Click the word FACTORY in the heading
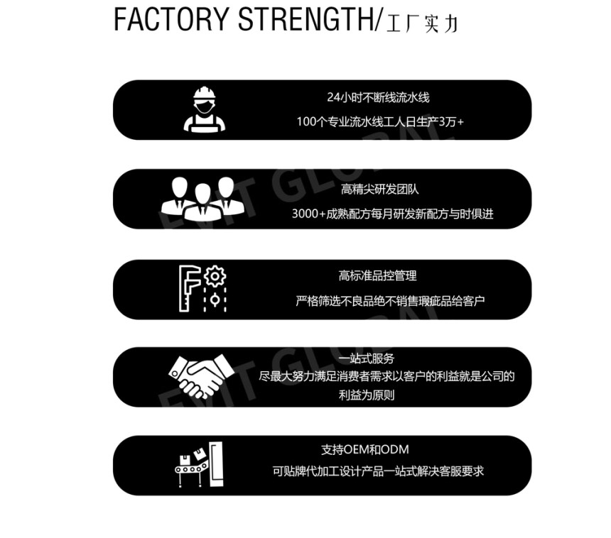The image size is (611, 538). point(173,20)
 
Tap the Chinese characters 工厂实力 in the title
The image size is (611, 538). point(422,23)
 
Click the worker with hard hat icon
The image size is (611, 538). point(205,109)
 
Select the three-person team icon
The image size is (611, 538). point(202,198)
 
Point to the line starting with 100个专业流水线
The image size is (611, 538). point(379,122)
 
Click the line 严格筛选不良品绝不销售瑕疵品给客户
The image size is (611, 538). point(390,302)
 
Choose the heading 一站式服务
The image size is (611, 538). point(366,358)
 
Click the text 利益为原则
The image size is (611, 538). point(366,395)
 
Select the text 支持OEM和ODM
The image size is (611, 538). point(364,449)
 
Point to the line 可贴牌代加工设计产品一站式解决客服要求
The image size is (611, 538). point(378,471)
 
